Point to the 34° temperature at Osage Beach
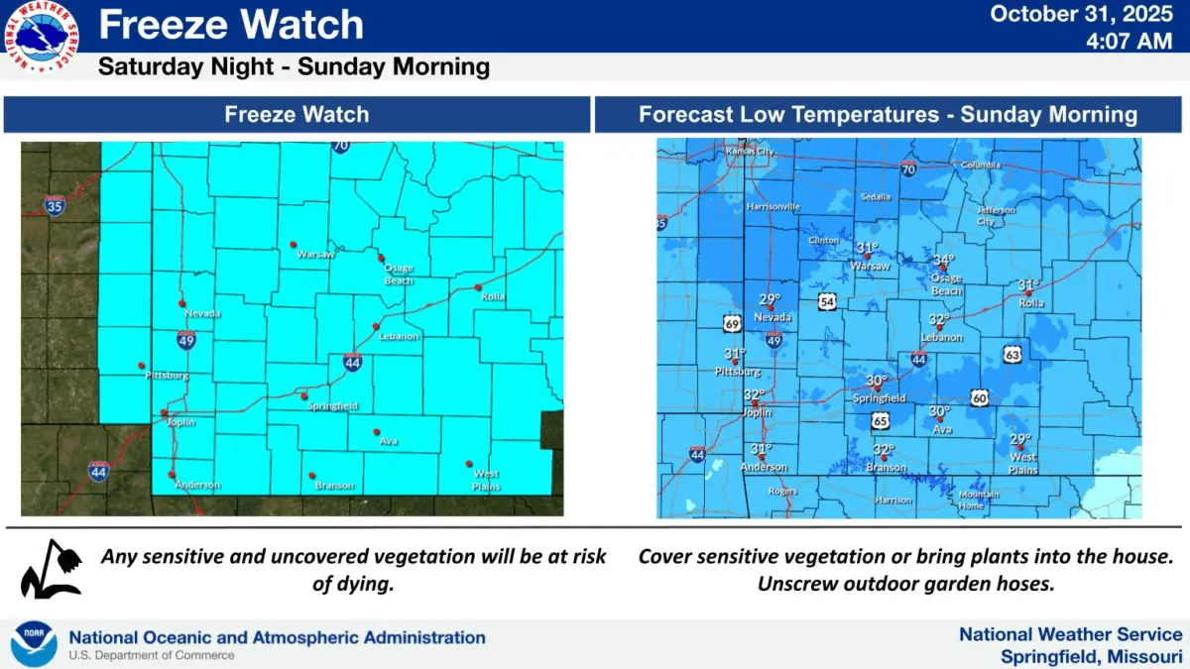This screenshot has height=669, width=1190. coord(943,261)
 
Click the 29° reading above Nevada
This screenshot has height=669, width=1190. coord(771,299)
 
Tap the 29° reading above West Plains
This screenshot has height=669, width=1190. coord(1020,439)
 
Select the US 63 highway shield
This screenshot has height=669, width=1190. coord(1012,353)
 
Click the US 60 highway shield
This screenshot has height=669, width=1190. coord(979,397)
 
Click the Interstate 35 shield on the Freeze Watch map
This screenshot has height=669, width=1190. coord(56,206)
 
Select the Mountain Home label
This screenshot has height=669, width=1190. coord(979,500)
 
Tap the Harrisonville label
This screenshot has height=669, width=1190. coord(773,207)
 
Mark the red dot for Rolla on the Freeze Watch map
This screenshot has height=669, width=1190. coord(478,287)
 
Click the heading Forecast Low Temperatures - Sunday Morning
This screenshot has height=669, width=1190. coord(888,114)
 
